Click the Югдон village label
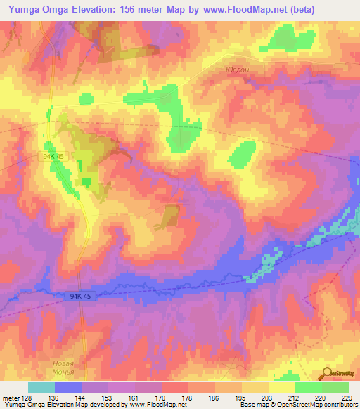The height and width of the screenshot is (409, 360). tap(238, 70)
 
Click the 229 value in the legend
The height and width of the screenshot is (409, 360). tap(348, 398)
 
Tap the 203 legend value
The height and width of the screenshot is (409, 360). tap(268, 398)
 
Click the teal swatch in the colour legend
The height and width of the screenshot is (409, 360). tap(41, 387)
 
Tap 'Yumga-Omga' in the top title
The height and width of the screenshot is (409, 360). tap(32, 9)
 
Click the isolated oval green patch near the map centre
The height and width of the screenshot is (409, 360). tap(242, 152)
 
